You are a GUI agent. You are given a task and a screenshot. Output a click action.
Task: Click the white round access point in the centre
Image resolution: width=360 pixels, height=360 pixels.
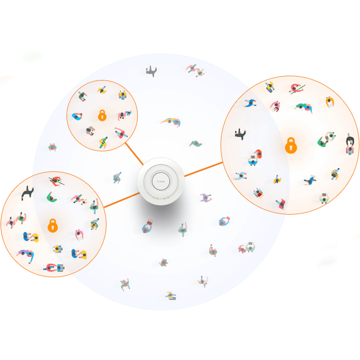coord(161,179)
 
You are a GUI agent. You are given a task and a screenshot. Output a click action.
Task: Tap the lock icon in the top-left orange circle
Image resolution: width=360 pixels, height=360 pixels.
coord(102,115)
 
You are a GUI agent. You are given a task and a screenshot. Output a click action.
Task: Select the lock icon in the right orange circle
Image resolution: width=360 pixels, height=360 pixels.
coord(291,145)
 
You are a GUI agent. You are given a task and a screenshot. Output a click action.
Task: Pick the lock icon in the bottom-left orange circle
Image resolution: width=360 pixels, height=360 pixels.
coord(52,225)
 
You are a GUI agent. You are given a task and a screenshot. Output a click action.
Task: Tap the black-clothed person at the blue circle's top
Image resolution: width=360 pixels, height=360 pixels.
coord(150,71)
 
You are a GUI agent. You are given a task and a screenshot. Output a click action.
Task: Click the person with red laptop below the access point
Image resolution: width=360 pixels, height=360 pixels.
coord(147,226)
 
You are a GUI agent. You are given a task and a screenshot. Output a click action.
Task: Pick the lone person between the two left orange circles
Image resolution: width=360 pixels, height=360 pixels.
coord(52,147)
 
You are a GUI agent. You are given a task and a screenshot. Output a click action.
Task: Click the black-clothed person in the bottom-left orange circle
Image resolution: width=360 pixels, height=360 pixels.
coord(28,193)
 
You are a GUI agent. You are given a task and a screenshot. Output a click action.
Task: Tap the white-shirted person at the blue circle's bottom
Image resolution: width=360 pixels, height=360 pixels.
coord(203,281)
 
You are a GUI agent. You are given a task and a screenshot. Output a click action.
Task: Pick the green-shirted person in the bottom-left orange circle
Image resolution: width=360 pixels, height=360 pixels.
coord(52,198)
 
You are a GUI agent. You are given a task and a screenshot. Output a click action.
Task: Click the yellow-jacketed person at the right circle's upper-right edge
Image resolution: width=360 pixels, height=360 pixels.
coord(329,102)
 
